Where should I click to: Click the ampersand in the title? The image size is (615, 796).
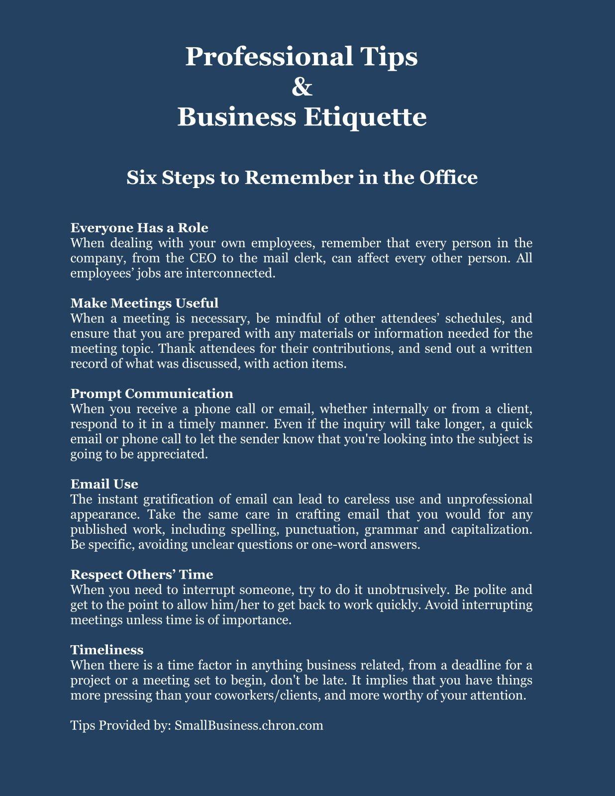[302, 87]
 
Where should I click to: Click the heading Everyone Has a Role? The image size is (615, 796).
[139, 228]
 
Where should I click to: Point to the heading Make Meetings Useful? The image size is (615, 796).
[144, 303]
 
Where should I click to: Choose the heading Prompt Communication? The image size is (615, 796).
[152, 394]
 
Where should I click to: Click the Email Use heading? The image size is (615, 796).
[104, 484]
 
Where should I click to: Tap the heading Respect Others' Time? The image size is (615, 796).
[142, 575]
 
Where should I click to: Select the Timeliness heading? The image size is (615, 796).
[107, 650]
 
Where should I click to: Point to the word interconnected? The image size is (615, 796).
[230, 273]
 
